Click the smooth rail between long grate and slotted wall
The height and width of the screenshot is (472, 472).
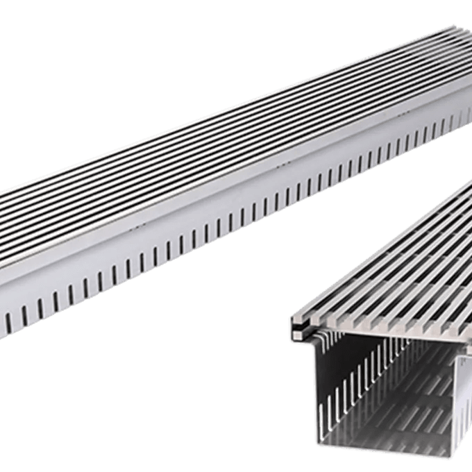[x=208, y=208]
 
